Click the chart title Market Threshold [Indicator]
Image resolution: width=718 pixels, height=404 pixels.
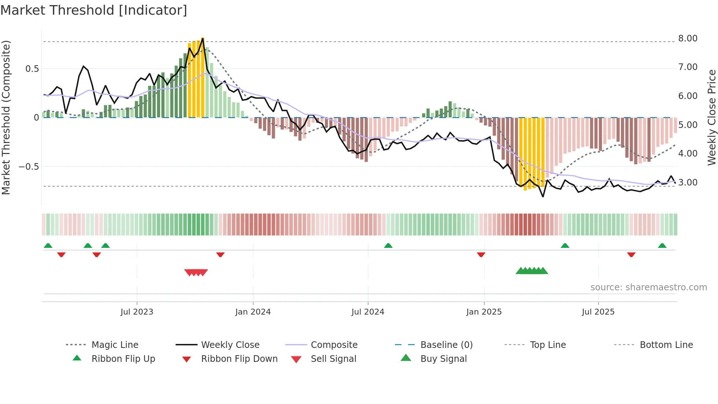(x=94, y=10)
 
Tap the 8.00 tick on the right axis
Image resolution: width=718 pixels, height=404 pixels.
(x=688, y=38)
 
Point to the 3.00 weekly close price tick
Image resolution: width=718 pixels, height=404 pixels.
(x=688, y=183)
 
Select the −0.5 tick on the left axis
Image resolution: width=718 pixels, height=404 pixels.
(x=29, y=167)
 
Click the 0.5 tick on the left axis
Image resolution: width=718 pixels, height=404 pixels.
(x=32, y=69)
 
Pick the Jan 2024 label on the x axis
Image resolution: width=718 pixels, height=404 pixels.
(x=253, y=312)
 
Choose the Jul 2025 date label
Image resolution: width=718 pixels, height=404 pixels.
(x=598, y=312)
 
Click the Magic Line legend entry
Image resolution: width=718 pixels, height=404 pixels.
(x=115, y=345)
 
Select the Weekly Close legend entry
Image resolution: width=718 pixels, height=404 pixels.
(x=230, y=345)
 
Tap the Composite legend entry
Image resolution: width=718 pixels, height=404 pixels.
(x=334, y=345)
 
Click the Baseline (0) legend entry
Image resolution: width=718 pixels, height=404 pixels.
(x=446, y=345)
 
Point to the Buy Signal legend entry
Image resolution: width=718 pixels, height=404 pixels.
(x=443, y=359)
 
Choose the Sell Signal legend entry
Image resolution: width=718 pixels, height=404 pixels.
(x=333, y=359)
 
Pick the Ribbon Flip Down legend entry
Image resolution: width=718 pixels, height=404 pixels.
(x=239, y=359)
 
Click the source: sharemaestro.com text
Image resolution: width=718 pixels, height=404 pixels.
(x=648, y=287)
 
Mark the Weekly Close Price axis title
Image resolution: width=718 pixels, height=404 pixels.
(x=711, y=117)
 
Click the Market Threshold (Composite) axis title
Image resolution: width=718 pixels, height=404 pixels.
(x=6, y=117)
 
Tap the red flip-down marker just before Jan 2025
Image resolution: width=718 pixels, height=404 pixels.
(x=481, y=254)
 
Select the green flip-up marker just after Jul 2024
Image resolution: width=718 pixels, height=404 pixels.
(x=388, y=246)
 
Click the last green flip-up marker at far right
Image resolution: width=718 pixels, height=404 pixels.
(x=662, y=246)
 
